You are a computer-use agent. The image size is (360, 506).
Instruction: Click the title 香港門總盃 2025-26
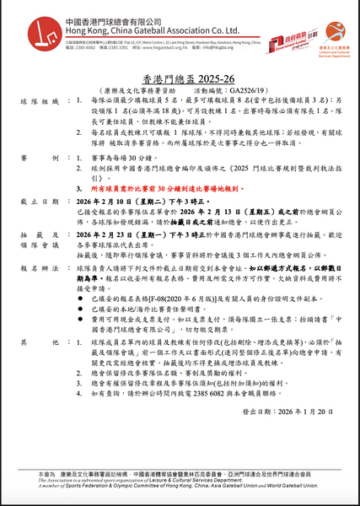tap(180, 73)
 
